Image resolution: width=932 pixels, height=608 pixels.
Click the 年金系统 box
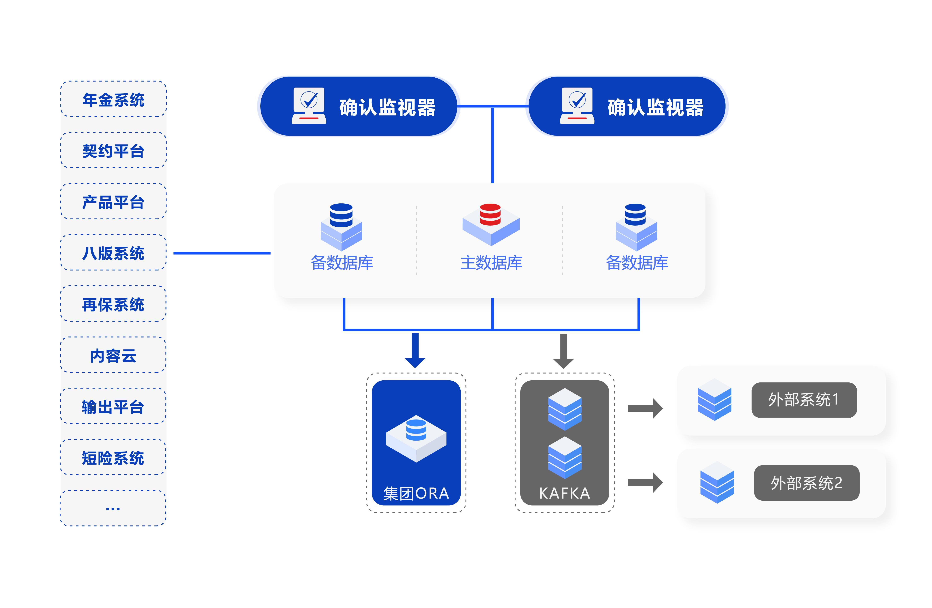pos(113,99)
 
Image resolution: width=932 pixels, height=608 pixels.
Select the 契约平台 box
pos(113,150)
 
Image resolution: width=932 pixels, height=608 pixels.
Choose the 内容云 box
pos(113,355)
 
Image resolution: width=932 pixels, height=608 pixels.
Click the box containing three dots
pos(113,508)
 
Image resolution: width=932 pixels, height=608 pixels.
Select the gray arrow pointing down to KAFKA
pos(564,351)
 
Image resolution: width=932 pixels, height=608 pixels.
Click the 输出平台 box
pos(113,406)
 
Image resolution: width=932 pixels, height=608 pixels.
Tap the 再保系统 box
pos(113,304)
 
